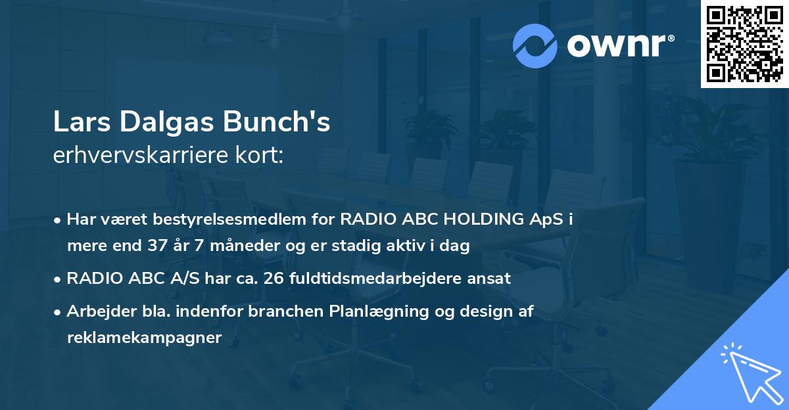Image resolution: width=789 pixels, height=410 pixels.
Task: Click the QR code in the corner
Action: (x=745, y=44)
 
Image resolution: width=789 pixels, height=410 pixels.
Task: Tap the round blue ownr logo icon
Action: (x=535, y=45)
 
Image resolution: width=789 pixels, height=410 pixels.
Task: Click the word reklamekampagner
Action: (x=145, y=338)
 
